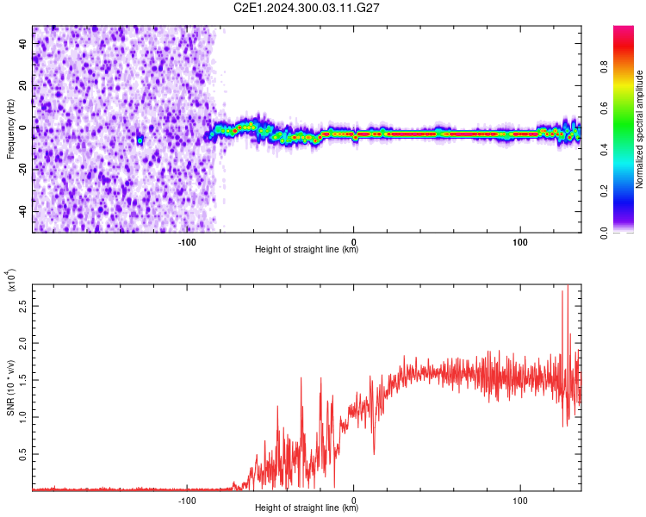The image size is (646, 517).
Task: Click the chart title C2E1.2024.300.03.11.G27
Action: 307,8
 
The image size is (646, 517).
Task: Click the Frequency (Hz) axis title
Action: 11,128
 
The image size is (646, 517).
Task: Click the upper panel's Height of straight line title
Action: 307,251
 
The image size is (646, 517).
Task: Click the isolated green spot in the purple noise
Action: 140,140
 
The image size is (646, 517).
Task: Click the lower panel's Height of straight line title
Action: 307,508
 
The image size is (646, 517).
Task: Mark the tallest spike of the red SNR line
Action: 568,287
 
